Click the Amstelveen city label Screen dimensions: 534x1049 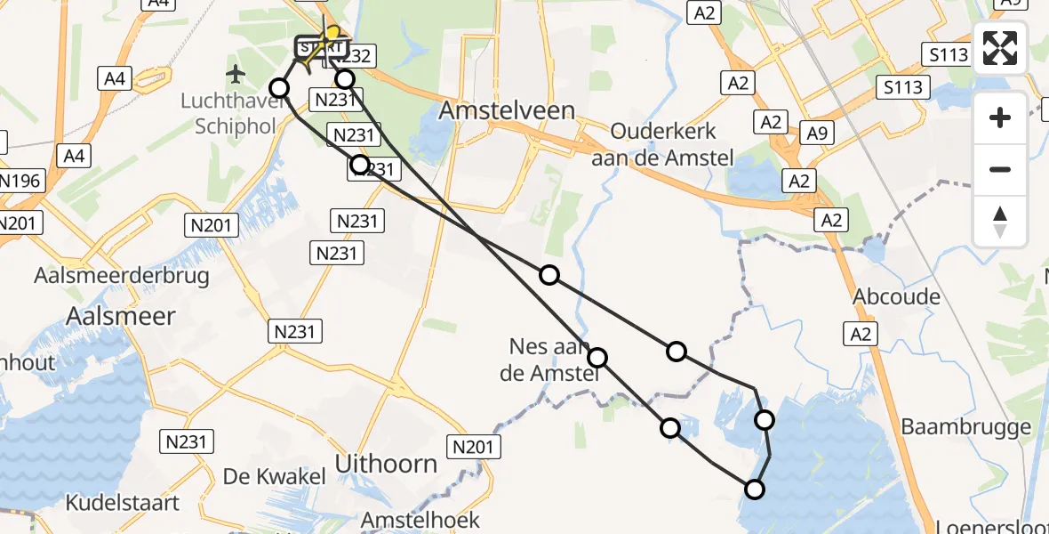click(x=508, y=111)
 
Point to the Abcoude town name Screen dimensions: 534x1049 click(x=896, y=296)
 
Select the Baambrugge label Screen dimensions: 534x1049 click(x=966, y=427)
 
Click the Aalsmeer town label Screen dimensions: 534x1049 click(x=121, y=315)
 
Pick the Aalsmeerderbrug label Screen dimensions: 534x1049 click(x=122, y=275)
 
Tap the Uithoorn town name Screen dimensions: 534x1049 click(x=386, y=464)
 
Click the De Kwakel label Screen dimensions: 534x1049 click(x=274, y=476)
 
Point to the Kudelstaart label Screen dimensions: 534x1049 click(x=123, y=503)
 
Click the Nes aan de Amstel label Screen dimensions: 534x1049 click(x=549, y=360)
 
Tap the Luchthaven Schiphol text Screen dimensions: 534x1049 click(x=232, y=112)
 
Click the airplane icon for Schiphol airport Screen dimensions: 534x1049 click(x=236, y=72)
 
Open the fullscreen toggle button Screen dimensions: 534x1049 click(x=1000, y=48)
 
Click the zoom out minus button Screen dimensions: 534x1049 click(x=1000, y=169)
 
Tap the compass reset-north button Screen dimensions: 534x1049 click(x=1000, y=222)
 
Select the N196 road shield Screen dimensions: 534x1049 click(x=20, y=182)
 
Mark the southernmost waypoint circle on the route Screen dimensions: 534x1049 click(x=754, y=489)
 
